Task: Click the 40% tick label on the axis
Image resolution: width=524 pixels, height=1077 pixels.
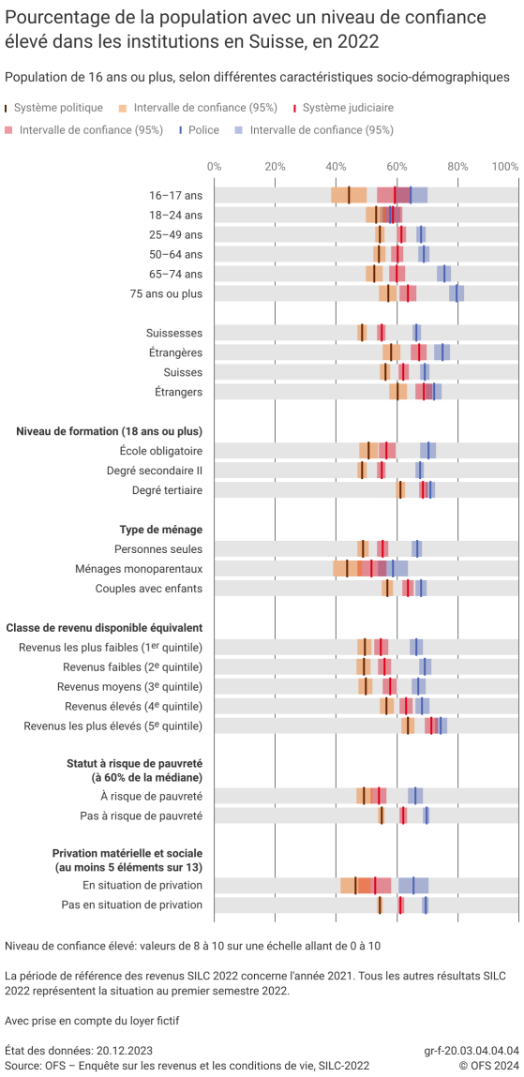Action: click(x=336, y=166)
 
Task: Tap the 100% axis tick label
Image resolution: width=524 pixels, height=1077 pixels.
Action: click(x=504, y=166)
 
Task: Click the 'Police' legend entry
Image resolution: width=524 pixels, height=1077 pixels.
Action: click(x=202, y=130)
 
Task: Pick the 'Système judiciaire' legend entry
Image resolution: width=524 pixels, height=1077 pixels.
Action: click(x=348, y=109)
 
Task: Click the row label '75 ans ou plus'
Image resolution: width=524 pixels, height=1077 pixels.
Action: click(x=169, y=293)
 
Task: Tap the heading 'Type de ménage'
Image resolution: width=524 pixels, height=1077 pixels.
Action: click(x=160, y=530)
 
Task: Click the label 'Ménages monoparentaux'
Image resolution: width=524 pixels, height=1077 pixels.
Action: click(x=139, y=569)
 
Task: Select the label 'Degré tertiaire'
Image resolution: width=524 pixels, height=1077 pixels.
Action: click(x=167, y=490)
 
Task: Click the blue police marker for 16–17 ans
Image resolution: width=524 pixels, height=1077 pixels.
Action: click(x=411, y=195)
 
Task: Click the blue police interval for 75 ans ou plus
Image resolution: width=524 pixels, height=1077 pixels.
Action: click(x=457, y=293)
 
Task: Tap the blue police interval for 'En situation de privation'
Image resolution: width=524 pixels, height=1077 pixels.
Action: click(x=413, y=885)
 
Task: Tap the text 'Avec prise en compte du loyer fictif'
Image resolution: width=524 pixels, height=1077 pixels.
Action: click(x=92, y=1021)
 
